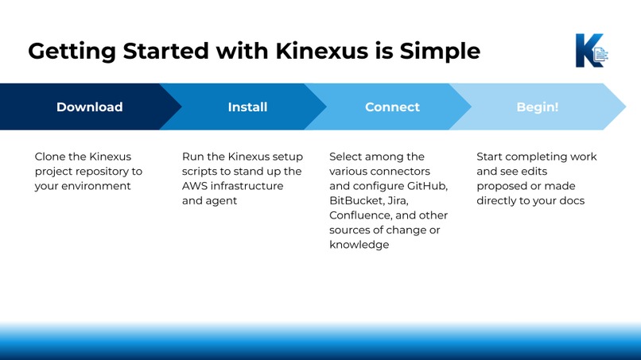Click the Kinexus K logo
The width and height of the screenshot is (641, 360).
click(590, 50)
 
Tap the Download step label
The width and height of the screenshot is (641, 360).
click(89, 106)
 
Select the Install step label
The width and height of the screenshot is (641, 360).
click(247, 106)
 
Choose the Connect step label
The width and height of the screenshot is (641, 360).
click(392, 106)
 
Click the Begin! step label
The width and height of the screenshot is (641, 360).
click(538, 106)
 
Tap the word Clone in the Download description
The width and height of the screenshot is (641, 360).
click(51, 157)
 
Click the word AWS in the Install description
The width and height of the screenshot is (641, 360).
click(196, 186)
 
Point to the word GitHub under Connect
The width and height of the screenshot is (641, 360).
click(429, 186)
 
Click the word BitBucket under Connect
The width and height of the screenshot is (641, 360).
click(355, 201)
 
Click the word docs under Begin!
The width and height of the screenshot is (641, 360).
click(571, 201)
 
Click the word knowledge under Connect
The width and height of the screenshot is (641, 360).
click(359, 245)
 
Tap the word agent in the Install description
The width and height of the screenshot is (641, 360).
click(223, 201)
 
